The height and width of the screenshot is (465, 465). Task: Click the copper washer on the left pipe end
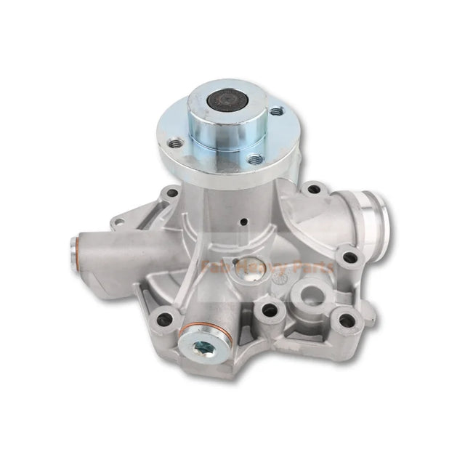[x=75, y=245]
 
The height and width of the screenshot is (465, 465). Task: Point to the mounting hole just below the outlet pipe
[x=350, y=257]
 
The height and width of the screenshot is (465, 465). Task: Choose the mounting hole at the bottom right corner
[x=347, y=320]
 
